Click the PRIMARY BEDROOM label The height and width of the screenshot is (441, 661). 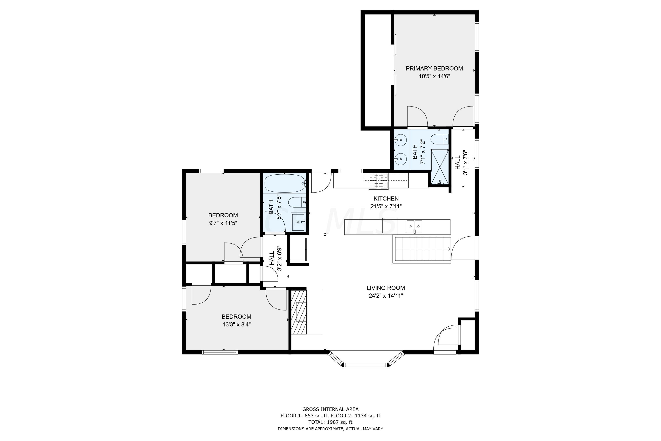(434, 68)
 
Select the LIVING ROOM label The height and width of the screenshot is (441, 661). (386, 288)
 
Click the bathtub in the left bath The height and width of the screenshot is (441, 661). (285, 183)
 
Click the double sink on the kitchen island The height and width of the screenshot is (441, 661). (414, 226)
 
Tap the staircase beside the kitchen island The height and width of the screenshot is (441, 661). (421, 249)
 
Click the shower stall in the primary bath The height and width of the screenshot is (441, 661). (440, 167)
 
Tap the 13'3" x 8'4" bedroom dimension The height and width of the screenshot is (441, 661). (237, 325)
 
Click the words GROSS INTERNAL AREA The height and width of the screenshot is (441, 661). (330, 409)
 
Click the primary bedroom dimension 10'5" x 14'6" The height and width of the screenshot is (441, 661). (434, 76)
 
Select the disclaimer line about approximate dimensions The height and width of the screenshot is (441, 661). (330, 429)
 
